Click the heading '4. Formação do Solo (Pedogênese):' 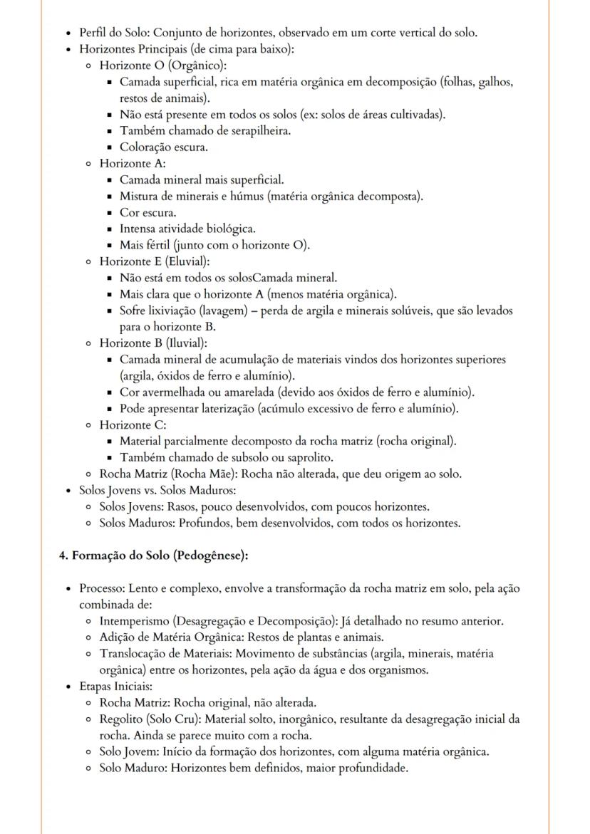click(x=153, y=556)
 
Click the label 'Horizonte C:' click(x=133, y=424)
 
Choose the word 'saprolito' click(x=307, y=457)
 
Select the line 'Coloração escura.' click(x=164, y=147)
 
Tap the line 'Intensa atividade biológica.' click(x=187, y=229)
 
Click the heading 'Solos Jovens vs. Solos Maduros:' click(x=157, y=490)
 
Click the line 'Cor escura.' click(x=148, y=212)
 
